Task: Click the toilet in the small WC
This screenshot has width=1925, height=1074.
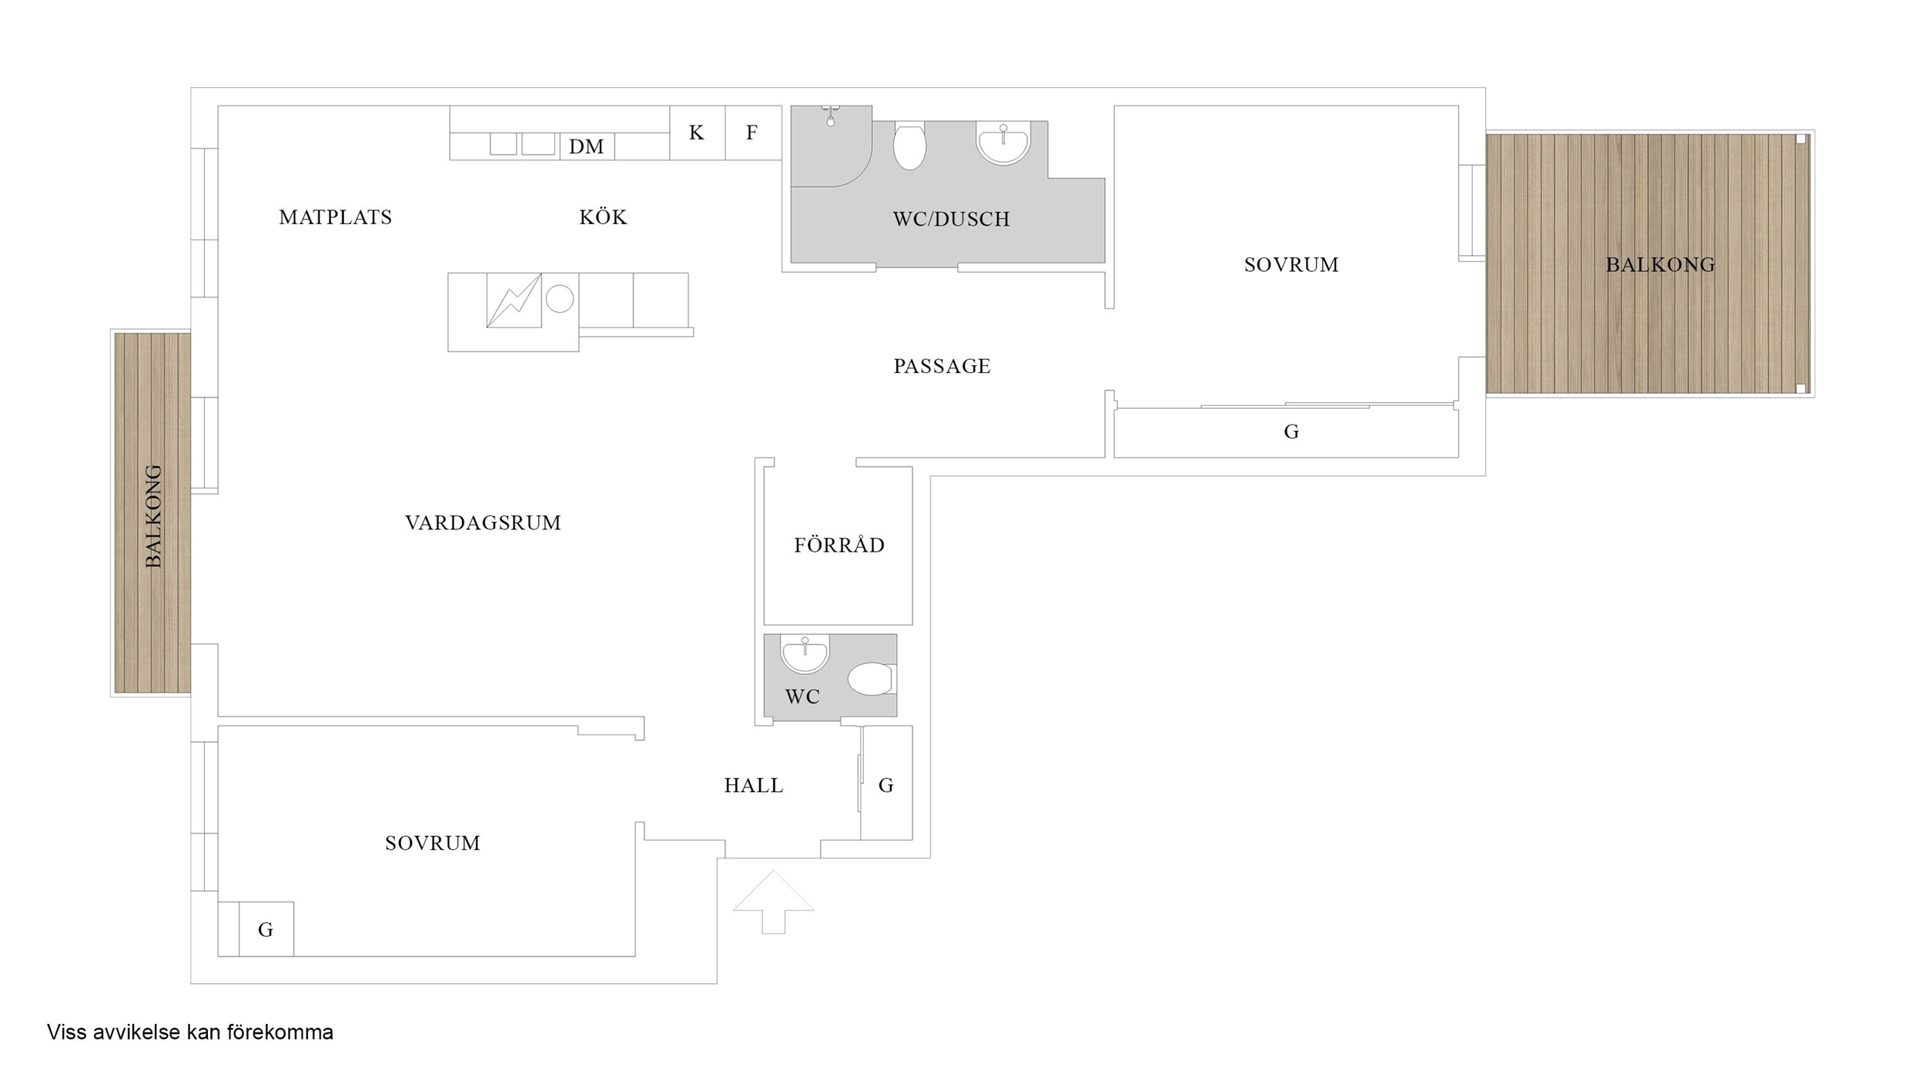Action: tap(872, 679)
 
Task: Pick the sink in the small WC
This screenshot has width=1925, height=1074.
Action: tap(805, 653)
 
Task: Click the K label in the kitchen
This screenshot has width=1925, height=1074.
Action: tap(696, 133)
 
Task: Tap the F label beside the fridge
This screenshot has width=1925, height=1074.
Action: tap(752, 133)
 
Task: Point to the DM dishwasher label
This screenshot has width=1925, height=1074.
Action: tap(586, 146)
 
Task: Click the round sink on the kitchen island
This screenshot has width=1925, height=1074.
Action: tap(560, 299)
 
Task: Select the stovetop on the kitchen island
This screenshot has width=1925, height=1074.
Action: tap(514, 300)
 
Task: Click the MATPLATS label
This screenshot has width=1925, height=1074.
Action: tap(336, 217)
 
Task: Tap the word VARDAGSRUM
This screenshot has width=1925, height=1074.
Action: tap(483, 522)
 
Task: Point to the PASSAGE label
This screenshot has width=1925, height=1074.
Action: tap(942, 366)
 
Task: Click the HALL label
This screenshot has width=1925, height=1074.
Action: tap(754, 785)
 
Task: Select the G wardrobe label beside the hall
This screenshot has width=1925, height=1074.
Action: tap(886, 785)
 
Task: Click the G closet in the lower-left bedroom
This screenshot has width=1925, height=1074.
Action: tap(266, 929)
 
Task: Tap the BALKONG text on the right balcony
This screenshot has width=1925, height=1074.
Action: tap(1660, 265)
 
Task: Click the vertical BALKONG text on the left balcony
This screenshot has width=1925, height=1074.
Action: tap(154, 516)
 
